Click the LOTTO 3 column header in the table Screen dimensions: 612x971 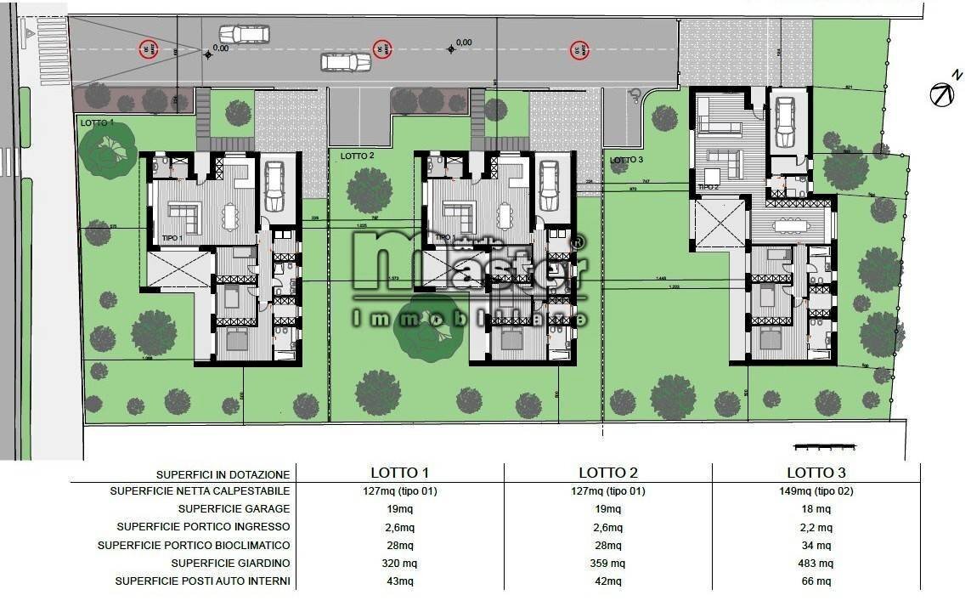pyautogui.click(x=816, y=473)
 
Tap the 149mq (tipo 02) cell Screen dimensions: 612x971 pyautogui.click(x=816, y=490)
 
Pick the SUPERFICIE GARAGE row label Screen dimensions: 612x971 pyautogui.click(x=234, y=508)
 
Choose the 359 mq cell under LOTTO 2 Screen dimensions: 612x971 pyautogui.click(x=607, y=563)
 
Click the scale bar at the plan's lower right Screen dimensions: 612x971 pyautogui.click(x=822, y=446)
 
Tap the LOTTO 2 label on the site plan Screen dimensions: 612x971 pyautogui.click(x=357, y=156)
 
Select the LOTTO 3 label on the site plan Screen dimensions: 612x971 pyautogui.click(x=627, y=160)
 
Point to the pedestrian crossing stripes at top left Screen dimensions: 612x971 pyautogui.click(x=52, y=51)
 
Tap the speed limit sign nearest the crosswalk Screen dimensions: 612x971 pyautogui.click(x=150, y=48)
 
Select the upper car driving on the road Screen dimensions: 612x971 pyautogui.click(x=244, y=34)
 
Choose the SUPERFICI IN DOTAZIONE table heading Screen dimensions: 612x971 pyautogui.click(x=223, y=474)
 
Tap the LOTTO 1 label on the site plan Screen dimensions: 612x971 pyautogui.click(x=97, y=123)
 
